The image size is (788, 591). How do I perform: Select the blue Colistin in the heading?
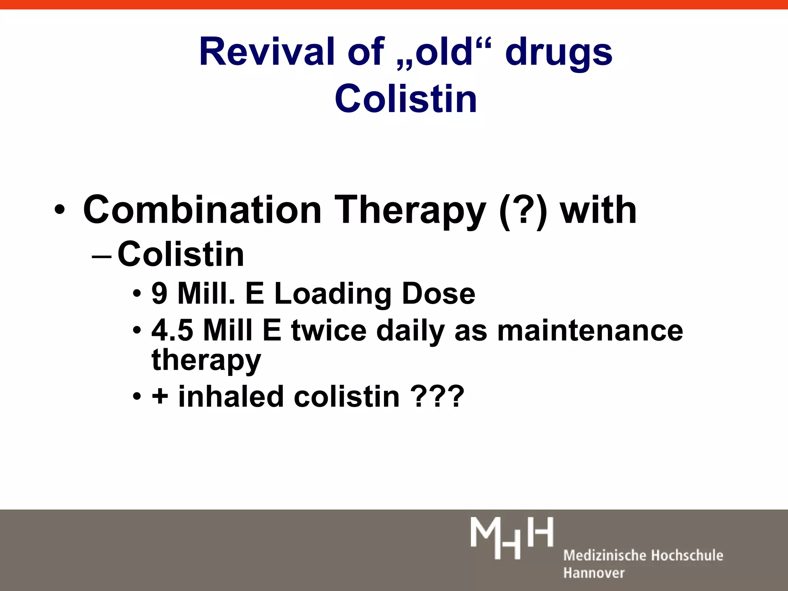tap(406, 99)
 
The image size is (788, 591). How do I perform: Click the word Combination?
tap(202, 210)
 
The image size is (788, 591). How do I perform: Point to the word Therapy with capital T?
tap(410, 211)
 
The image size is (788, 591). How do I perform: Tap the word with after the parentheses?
tap(598, 210)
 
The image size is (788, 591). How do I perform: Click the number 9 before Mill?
tap(159, 294)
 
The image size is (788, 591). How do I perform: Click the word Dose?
tap(439, 294)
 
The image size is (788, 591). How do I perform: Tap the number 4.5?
tap(172, 330)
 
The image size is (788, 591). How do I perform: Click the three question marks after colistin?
tap(437, 396)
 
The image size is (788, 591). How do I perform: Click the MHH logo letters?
tap(512, 538)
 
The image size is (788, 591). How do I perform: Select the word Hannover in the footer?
tap(594, 573)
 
